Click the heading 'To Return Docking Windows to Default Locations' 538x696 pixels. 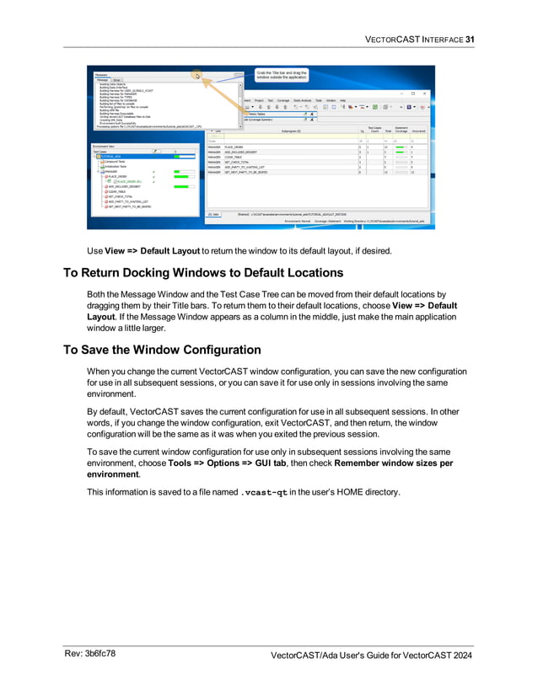203,272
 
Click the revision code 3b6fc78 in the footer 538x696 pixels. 100,654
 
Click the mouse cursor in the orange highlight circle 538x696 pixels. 196,76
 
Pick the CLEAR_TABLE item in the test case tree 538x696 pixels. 117,191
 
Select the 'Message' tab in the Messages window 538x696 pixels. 102,79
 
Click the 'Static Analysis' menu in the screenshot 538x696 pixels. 303,100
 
